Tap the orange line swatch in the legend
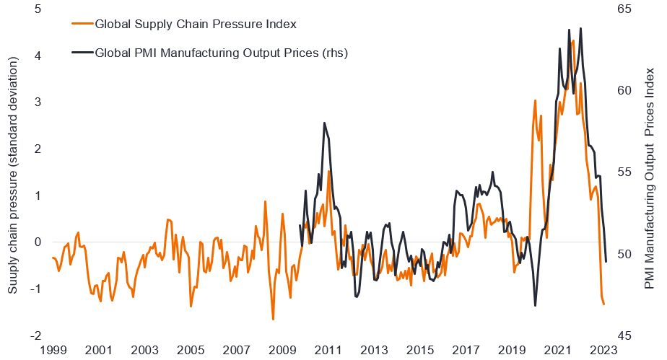click(x=83, y=24)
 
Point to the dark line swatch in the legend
click(x=83, y=52)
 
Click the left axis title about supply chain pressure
click(x=13, y=172)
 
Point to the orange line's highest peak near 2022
click(x=573, y=40)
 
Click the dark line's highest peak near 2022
click(x=569, y=30)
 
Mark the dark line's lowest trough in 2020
click(x=535, y=306)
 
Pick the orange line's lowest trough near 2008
click(x=273, y=319)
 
